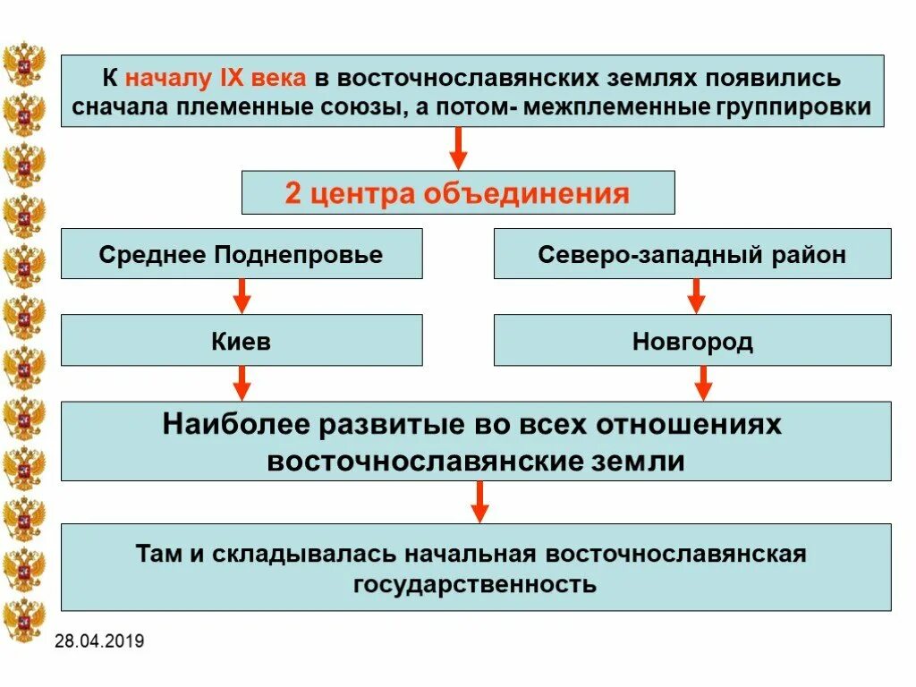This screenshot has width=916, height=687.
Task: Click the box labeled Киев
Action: click(242, 341)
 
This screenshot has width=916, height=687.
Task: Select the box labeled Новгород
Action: click(692, 341)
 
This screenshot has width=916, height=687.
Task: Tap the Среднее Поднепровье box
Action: click(242, 254)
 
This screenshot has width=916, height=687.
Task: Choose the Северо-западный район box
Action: click(692, 254)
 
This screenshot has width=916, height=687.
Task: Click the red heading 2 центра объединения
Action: click(457, 193)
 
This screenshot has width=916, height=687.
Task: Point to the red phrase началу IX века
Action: click(216, 78)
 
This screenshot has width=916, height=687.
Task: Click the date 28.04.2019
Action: click(98, 641)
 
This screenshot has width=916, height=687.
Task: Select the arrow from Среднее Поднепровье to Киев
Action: click(242, 296)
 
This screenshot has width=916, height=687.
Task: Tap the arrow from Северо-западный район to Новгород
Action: click(696, 296)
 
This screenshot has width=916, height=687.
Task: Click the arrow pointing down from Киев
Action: click(242, 383)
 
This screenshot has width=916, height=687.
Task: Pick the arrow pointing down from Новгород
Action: click(703, 383)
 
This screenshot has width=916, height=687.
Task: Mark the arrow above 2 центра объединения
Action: click(458, 148)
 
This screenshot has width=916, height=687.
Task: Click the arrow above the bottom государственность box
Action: click(479, 502)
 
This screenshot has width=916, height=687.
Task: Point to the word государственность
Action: click(474, 585)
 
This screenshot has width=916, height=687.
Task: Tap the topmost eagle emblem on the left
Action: click(24, 64)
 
